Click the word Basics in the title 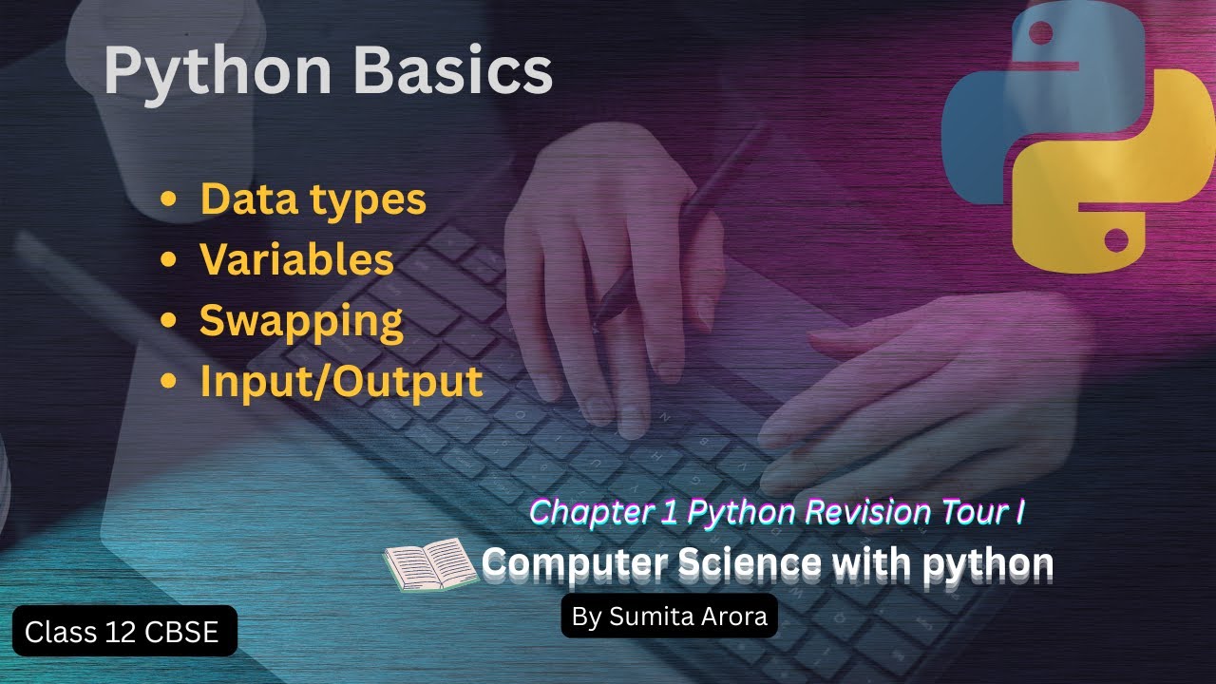[x=454, y=69]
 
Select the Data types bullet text [x=313, y=199]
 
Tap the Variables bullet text [x=296, y=259]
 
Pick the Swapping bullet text [x=301, y=321]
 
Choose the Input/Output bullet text [x=341, y=381]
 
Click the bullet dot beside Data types [x=169, y=199]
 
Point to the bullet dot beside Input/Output [x=169, y=381]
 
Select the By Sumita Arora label [x=669, y=617]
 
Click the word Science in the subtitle [x=750, y=563]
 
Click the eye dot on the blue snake [x=1040, y=34]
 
